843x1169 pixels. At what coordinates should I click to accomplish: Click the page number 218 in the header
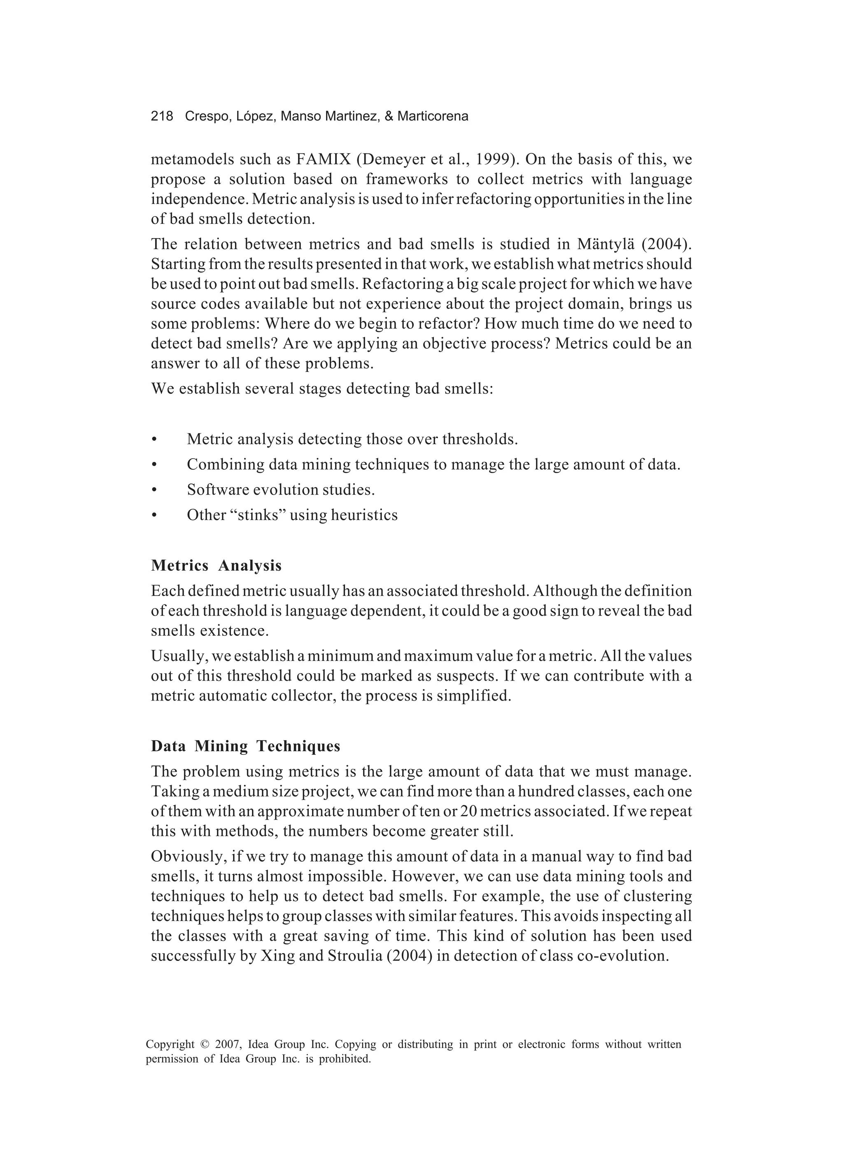coord(162,117)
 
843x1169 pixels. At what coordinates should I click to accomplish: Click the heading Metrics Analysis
coord(216,565)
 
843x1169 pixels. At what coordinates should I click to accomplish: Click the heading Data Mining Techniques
coord(246,746)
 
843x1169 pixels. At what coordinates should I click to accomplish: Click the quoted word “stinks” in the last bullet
coord(256,515)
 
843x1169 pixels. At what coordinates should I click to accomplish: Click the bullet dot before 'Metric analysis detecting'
coord(154,440)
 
